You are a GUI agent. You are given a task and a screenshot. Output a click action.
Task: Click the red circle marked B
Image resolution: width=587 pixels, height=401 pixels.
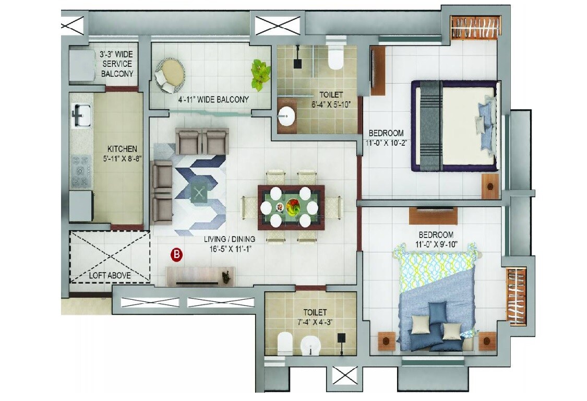tap(177, 255)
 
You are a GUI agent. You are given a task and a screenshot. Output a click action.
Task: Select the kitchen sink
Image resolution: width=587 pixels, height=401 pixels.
tap(81, 115)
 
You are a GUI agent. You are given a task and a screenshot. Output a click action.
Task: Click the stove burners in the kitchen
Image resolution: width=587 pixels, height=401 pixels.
tap(81, 170)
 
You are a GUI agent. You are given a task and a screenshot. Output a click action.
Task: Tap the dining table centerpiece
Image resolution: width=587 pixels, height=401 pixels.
tap(291, 206)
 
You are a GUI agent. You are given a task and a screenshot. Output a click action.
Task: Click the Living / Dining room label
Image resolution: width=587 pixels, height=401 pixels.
tap(229, 240)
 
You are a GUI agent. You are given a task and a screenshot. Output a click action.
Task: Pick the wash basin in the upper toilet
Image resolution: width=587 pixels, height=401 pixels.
tap(286, 117)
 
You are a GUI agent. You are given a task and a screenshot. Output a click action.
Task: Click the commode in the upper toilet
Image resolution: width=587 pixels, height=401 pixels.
tap(336, 58)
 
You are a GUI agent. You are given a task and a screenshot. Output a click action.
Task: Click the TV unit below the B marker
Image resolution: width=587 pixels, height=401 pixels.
tap(200, 276)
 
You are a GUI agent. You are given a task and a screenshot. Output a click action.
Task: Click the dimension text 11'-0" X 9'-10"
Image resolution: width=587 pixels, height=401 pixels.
tap(435, 244)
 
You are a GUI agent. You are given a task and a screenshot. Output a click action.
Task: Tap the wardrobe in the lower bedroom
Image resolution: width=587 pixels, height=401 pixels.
tap(516, 296)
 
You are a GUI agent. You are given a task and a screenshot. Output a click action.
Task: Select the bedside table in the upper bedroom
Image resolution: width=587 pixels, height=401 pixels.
tap(490, 186)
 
